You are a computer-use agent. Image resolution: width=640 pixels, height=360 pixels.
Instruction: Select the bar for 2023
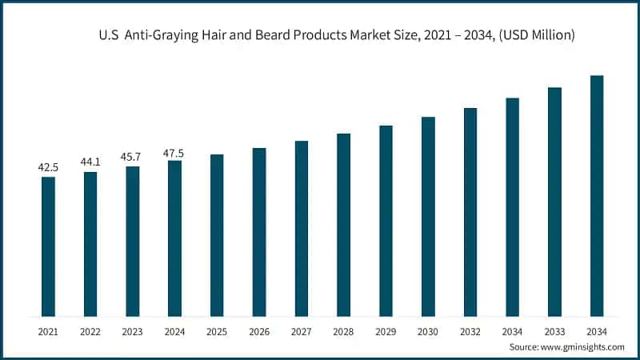(133, 241)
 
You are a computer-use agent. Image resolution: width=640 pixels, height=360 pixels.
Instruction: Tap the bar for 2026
(259, 232)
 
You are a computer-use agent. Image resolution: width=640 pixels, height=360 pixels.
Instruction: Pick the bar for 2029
(386, 221)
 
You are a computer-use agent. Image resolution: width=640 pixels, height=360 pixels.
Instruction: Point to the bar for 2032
(470, 212)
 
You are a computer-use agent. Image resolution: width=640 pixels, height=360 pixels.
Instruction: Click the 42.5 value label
(48, 167)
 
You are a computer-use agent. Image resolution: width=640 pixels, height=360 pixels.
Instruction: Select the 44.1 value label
(90, 162)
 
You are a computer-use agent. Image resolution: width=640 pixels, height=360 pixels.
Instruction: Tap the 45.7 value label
(133, 157)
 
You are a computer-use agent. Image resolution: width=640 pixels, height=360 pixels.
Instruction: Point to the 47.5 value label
(174, 151)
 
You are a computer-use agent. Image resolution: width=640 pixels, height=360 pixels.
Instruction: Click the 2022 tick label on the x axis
(90, 330)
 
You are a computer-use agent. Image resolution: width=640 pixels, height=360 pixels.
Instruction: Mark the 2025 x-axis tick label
(217, 330)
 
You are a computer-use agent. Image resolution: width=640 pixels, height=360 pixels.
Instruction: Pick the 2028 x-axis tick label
(343, 330)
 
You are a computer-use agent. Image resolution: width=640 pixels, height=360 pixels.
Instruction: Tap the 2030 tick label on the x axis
(428, 330)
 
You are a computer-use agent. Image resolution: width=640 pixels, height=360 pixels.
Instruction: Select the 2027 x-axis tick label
(301, 330)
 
